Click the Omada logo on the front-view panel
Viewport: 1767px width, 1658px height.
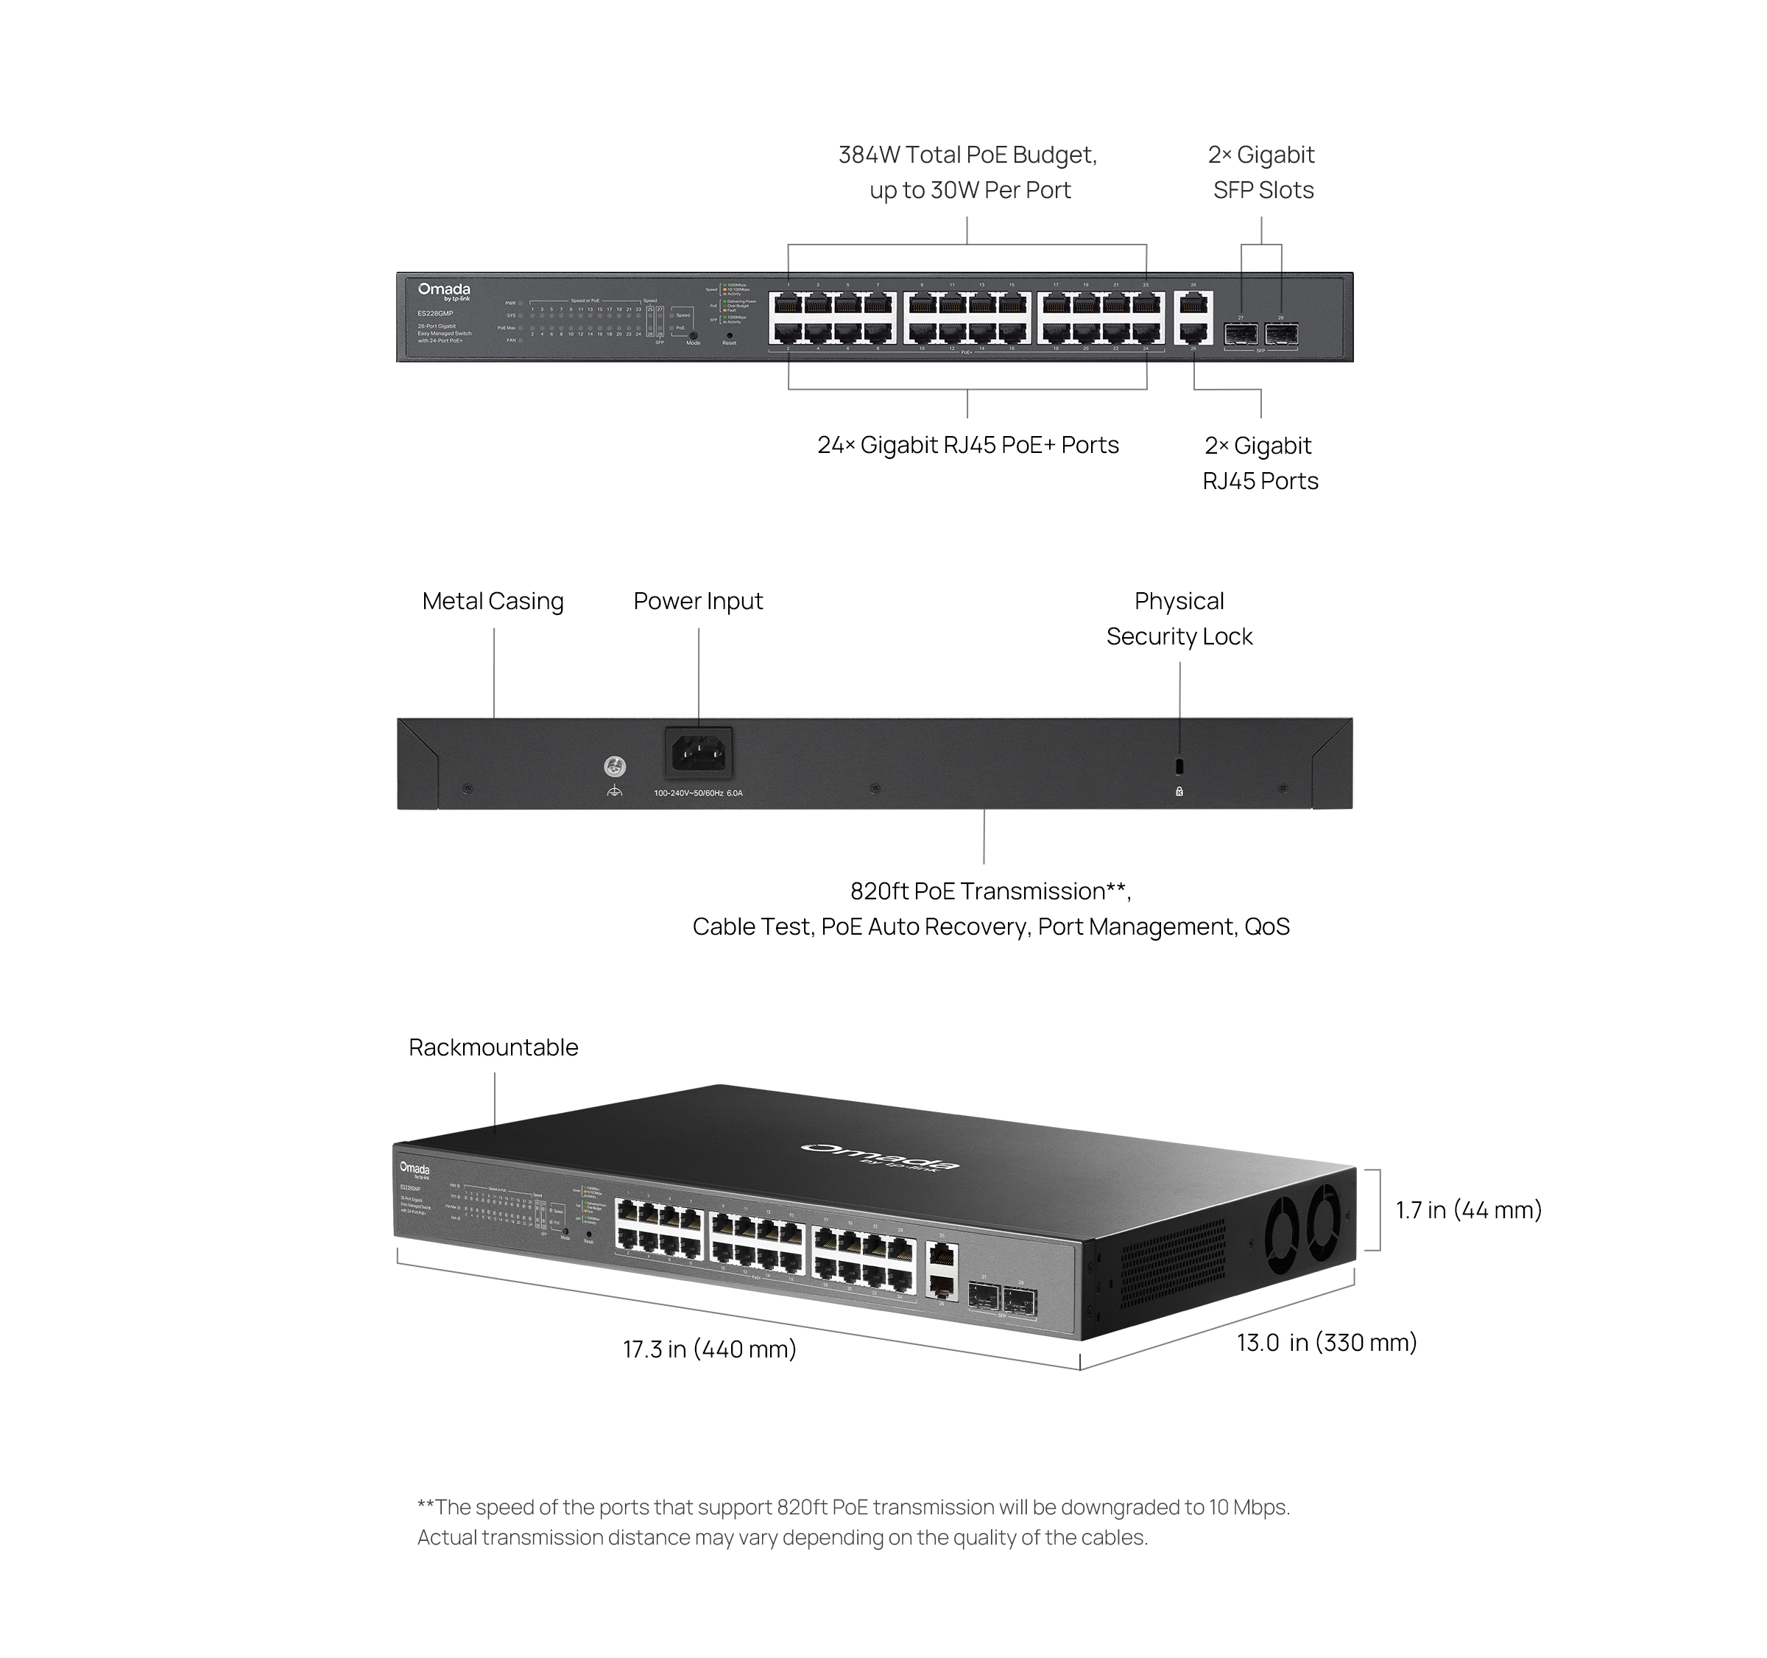(443, 291)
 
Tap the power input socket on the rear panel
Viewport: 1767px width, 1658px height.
(699, 754)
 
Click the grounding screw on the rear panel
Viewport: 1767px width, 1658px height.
(614, 766)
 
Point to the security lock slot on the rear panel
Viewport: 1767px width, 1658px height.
(1179, 766)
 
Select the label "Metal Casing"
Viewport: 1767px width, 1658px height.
(493, 602)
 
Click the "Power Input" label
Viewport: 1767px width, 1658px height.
(698, 602)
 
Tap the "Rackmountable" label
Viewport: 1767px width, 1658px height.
(493, 1047)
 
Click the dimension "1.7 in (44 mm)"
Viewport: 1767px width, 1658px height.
(1468, 1210)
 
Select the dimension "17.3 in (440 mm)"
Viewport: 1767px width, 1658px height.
(709, 1349)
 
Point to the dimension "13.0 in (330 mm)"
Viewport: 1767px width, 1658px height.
(1326, 1343)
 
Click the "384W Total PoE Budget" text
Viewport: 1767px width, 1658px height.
(967, 155)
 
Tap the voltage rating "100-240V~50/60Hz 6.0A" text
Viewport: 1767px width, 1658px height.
(698, 793)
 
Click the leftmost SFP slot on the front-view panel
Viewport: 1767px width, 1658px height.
(1240, 334)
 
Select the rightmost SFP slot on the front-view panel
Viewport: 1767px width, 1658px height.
(1281, 334)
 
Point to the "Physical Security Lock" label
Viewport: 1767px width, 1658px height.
(1179, 619)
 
